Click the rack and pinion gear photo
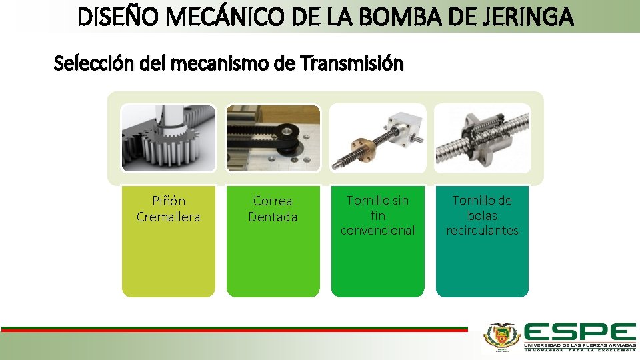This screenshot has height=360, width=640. point(169,138)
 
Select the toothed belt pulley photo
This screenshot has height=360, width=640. point(273,138)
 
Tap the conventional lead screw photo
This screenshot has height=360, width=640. point(378,138)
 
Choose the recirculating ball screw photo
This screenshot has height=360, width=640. point(483,138)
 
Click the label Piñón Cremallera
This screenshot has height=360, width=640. point(169,209)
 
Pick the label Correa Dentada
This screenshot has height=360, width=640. point(273,209)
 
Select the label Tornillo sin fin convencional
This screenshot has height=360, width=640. point(378,215)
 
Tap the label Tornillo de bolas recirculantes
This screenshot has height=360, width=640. point(483,215)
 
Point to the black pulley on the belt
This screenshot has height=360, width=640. point(288,132)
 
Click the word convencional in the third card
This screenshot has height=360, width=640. point(378,231)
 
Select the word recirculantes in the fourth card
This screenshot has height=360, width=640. point(483,231)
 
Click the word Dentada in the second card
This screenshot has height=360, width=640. point(273,217)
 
